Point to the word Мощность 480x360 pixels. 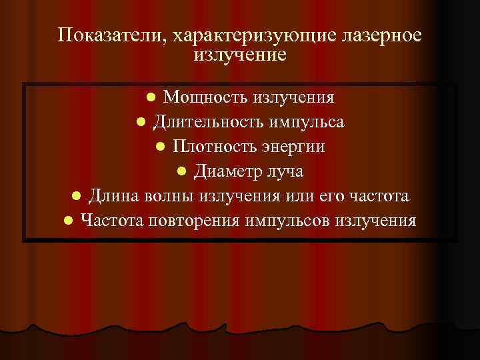pos(205,97)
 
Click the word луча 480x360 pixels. pos(284,171)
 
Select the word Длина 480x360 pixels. pos(112,195)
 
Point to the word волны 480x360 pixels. pos(163,195)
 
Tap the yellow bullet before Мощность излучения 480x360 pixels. pos(151,98)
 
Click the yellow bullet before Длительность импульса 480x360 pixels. pos(141,123)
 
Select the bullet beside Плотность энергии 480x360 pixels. pos(160,147)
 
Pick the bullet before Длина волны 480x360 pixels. pos(77,196)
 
